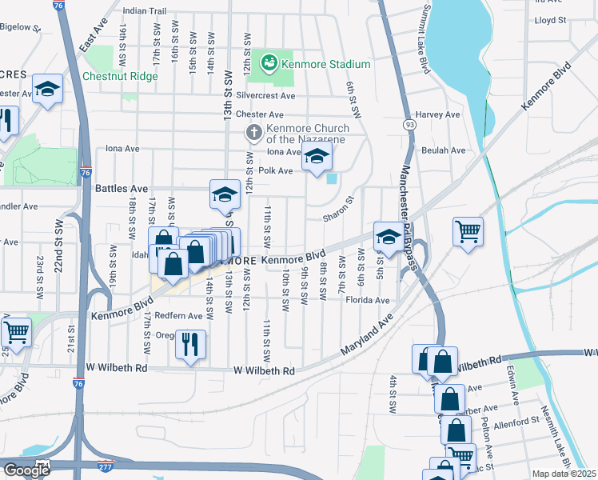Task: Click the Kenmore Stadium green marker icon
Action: click(x=269, y=62)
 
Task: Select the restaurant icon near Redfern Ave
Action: click(x=190, y=344)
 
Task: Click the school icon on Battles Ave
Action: click(x=225, y=194)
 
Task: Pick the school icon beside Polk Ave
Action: click(x=317, y=158)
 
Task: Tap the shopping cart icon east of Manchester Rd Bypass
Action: click(x=468, y=231)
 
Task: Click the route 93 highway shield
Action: click(x=409, y=125)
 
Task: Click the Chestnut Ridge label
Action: click(x=120, y=77)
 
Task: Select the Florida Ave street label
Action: click(x=368, y=300)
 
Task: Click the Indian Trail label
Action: click(x=145, y=11)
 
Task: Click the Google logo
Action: click(x=26, y=470)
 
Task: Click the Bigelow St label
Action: click(x=20, y=27)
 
